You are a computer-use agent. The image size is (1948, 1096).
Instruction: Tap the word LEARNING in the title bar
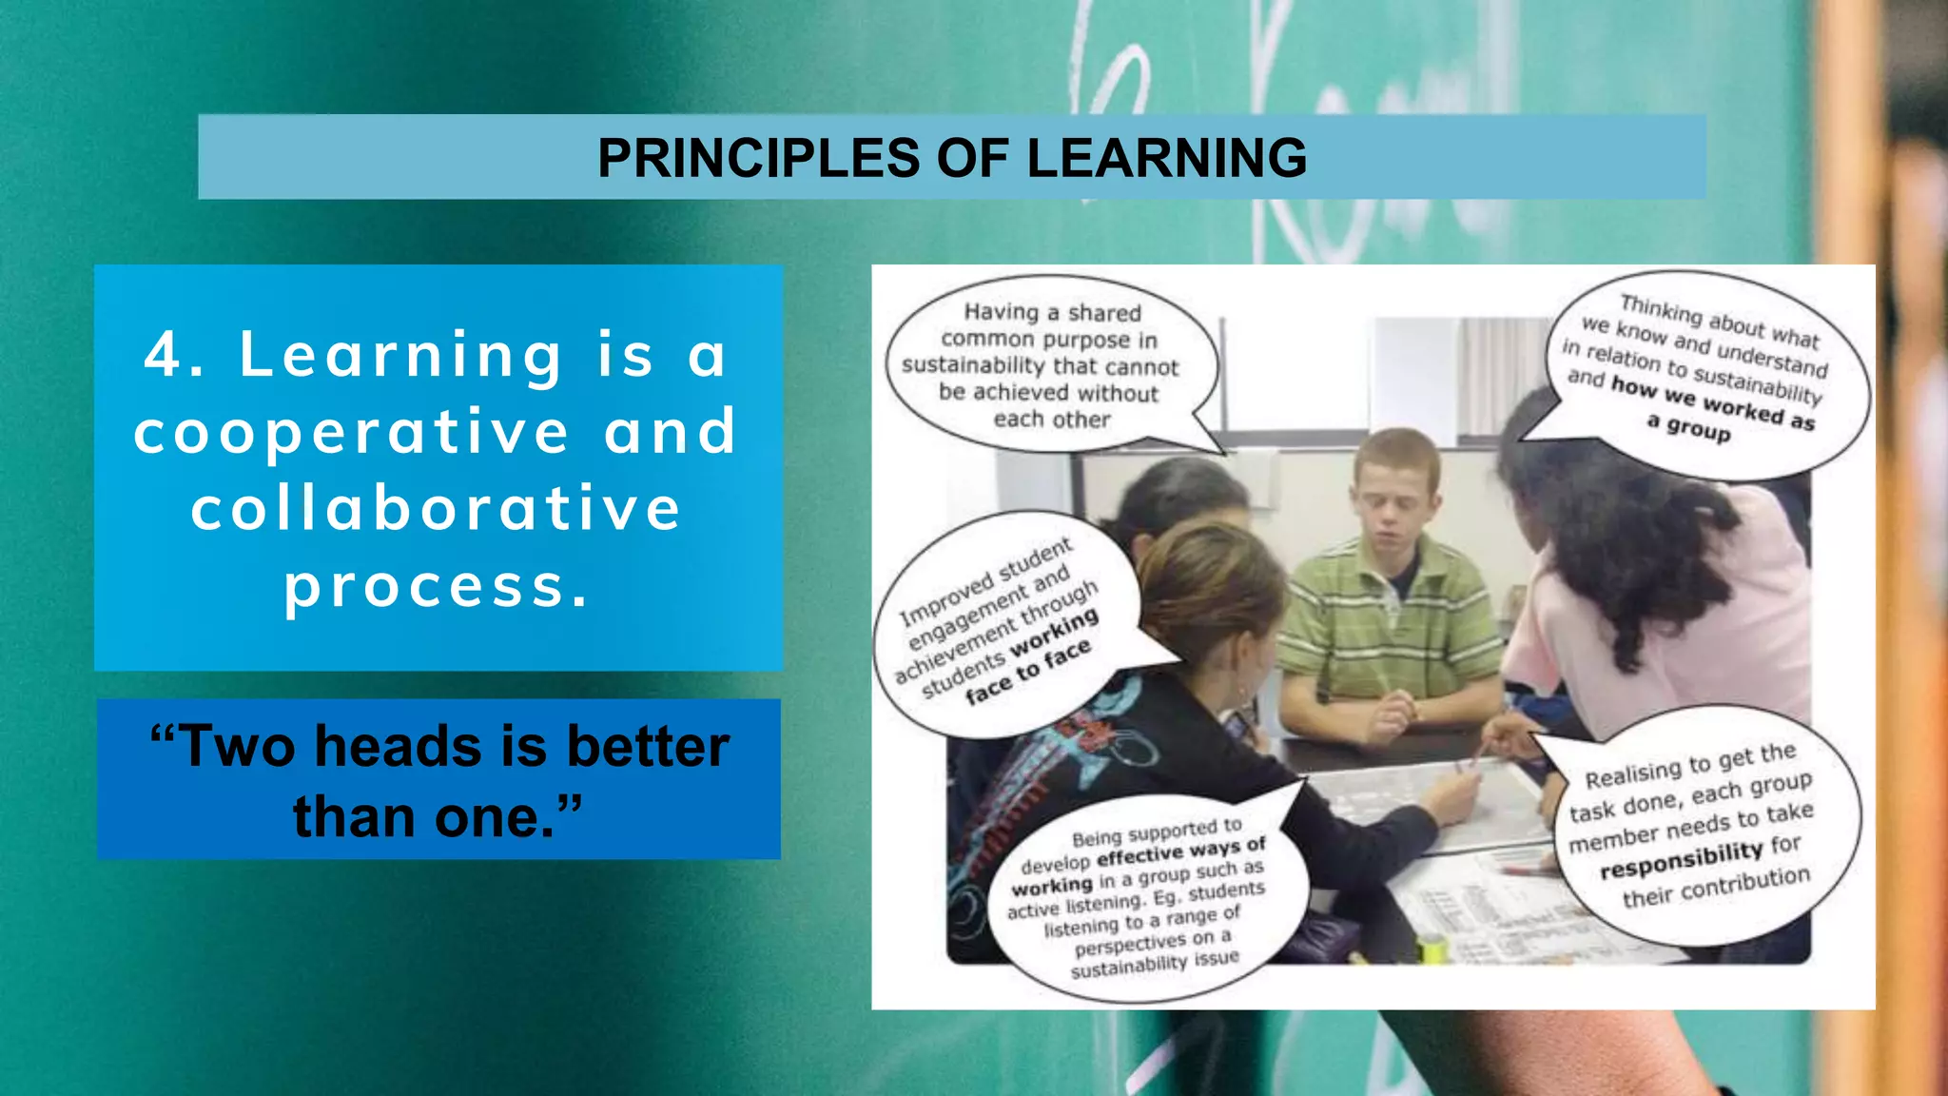point(1166,158)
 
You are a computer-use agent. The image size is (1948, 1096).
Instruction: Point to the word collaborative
point(436,508)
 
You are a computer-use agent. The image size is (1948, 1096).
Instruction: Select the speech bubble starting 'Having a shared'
point(1050,365)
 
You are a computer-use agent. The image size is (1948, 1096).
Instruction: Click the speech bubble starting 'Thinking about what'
point(1703,371)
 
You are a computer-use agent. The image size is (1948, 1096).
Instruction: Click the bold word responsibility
point(1681,859)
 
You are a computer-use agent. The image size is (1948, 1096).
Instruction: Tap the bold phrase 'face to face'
point(1027,672)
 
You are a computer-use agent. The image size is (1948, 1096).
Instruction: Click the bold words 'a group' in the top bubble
point(1688,429)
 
